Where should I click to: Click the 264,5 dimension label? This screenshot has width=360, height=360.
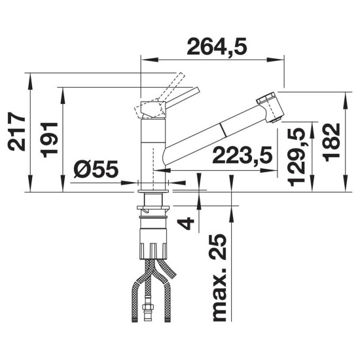(217, 46)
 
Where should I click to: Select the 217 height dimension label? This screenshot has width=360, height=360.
(16, 132)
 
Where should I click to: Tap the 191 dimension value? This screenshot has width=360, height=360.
(49, 140)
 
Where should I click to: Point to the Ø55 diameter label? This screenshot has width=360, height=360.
(96, 169)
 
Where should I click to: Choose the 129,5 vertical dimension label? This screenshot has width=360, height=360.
(296, 157)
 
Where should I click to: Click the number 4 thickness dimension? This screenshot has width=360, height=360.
(187, 223)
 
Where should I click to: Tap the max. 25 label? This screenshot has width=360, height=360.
(219, 278)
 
